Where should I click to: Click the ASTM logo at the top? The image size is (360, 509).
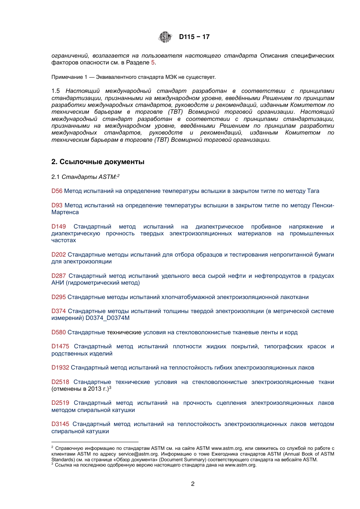(165, 37)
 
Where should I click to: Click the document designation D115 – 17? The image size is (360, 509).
(194, 37)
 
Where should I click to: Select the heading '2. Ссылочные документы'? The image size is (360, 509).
(98, 162)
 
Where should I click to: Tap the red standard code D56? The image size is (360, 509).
(57, 191)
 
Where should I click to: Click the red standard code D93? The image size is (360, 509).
(57, 205)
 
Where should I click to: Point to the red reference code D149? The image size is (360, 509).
(59, 227)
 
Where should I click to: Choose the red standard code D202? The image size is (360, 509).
(59, 255)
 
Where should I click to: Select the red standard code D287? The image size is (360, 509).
(59, 276)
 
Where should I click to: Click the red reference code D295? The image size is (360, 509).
(59, 297)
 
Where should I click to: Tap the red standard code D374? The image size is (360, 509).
(59, 311)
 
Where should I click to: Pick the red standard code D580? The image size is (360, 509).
(59, 332)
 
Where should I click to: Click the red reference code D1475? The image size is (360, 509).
(60, 346)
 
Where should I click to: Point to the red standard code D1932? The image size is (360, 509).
(60, 368)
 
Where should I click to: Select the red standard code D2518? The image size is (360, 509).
(60, 382)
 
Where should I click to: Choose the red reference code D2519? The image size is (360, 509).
(60, 403)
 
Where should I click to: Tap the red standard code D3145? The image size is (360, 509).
(60, 424)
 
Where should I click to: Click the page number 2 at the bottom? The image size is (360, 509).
(193, 484)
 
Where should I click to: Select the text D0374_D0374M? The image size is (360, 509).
(108, 318)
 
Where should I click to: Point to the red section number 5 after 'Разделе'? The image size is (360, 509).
(153, 63)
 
